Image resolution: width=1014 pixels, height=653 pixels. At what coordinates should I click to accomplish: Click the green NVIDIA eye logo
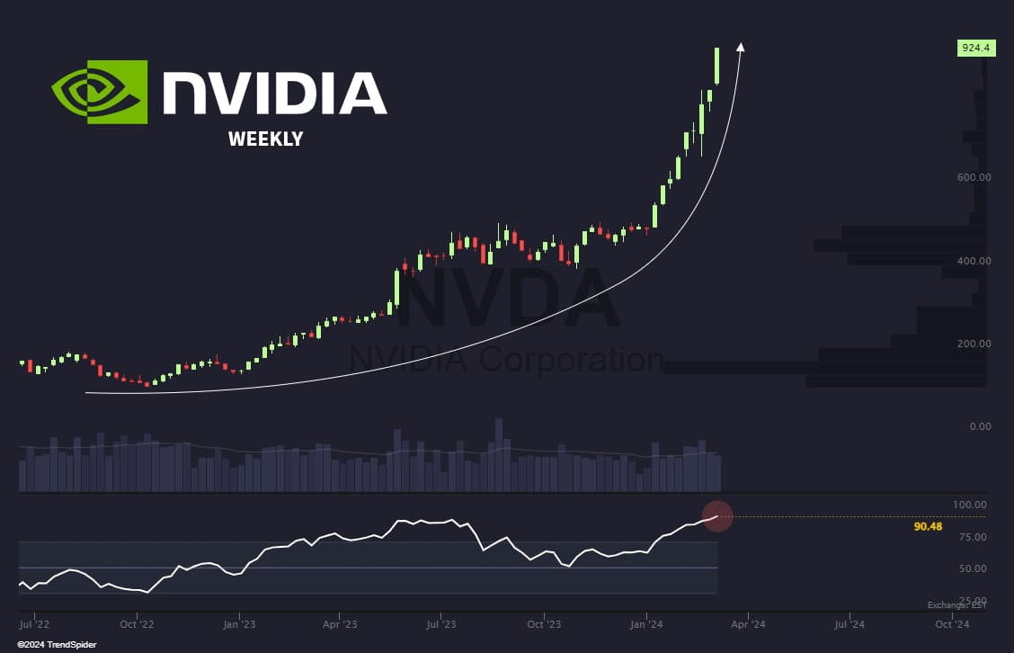point(100,91)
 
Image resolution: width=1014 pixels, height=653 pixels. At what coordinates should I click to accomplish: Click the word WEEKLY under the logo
point(265,139)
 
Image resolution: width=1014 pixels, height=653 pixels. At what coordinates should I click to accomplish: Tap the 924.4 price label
point(970,49)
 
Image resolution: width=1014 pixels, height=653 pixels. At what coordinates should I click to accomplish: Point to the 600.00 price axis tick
point(974,177)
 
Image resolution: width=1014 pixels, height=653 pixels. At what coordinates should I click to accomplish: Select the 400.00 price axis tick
point(974,261)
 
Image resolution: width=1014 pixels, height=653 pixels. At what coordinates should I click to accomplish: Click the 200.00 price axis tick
point(974,344)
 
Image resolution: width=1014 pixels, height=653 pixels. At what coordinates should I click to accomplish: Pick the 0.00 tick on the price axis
point(980,426)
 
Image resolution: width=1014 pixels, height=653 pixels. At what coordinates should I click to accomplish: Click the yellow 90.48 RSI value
point(928,526)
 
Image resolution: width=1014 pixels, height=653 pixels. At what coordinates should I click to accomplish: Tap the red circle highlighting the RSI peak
point(717,516)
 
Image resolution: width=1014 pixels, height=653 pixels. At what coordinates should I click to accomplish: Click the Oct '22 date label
point(137,622)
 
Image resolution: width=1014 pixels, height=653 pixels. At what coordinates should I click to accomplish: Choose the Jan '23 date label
point(239,622)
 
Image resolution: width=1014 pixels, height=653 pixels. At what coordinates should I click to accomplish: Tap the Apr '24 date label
point(748,622)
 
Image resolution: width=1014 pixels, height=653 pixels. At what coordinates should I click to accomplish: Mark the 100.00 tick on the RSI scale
point(971,505)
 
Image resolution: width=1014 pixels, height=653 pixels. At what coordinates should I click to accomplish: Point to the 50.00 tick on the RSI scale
point(974,568)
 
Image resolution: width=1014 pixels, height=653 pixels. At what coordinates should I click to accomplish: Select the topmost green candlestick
point(717,67)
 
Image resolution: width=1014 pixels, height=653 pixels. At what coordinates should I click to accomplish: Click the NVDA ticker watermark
point(509,301)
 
